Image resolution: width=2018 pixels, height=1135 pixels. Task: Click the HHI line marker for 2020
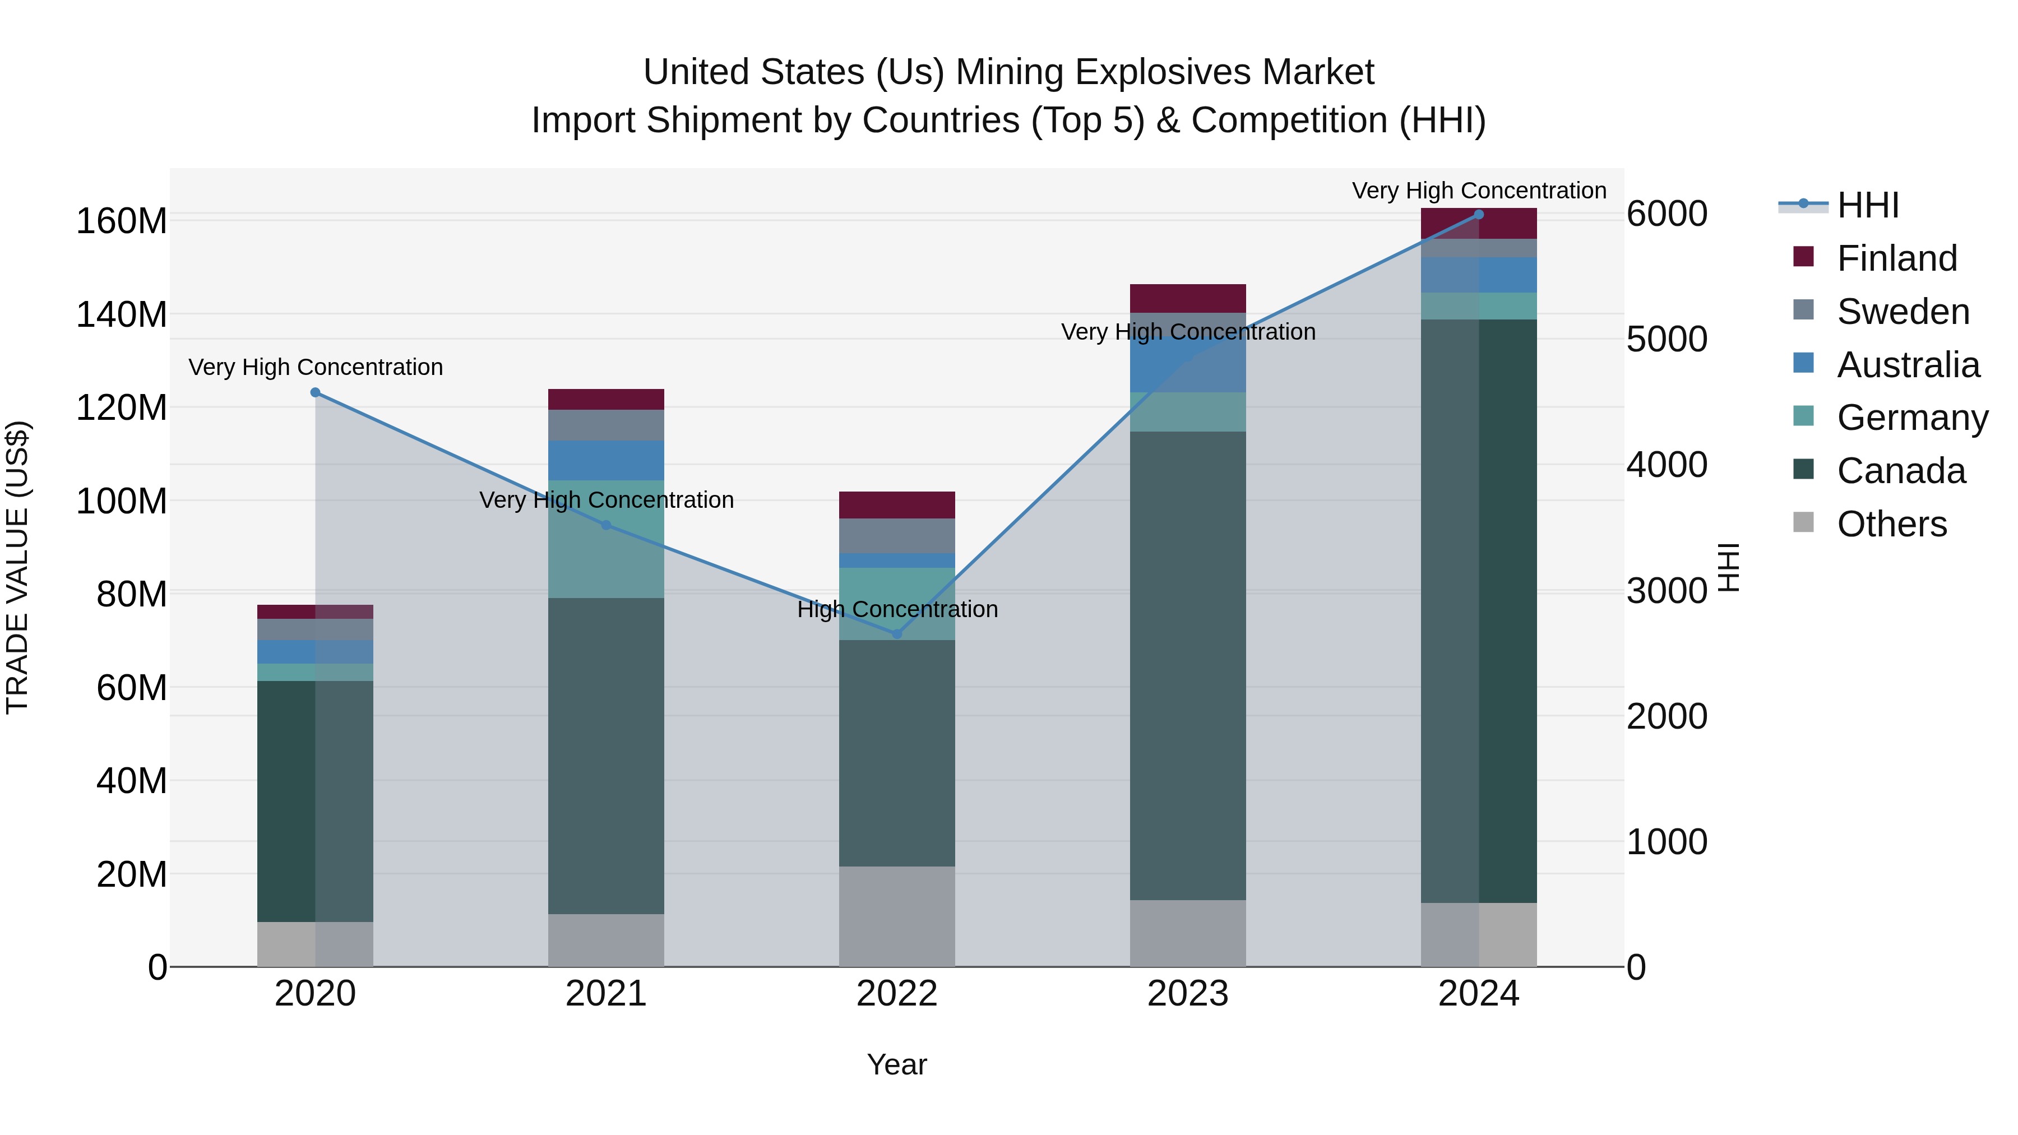(315, 392)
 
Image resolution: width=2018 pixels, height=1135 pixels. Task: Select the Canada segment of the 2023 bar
(1188, 666)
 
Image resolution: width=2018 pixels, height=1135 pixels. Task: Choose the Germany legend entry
(1911, 418)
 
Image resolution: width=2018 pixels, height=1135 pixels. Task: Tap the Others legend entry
(1891, 524)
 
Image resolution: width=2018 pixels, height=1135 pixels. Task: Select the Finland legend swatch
(1803, 257)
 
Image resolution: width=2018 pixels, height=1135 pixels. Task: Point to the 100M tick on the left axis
(122, 501)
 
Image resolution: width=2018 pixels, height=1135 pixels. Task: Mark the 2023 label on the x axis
(1188, 994)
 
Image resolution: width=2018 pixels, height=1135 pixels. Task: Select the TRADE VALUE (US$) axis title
(17, 567)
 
